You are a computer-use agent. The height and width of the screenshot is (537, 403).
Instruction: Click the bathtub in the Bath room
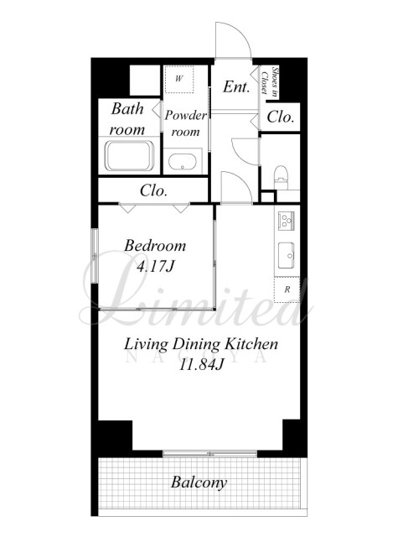pyautogui.click(x=130, y=155)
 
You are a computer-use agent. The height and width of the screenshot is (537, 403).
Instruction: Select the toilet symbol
pyautogui.click(x=282, y=177)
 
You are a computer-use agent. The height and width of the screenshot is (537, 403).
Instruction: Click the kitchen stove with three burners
pyautogui.click(x=287, y=221)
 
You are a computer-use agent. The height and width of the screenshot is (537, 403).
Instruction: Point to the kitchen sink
pyautogui.click(x=287, y=255)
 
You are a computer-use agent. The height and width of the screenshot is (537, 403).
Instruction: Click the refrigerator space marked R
pyautogui.click(x=287, y=289)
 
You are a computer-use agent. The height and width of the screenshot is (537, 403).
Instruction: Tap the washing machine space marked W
pyautogui.click(x=179, y=79)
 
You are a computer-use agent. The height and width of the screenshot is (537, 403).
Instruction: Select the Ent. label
pyautogui.click(x=236, y=86)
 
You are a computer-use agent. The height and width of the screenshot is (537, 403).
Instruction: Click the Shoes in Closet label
pyautogui.click(x=269, y=81)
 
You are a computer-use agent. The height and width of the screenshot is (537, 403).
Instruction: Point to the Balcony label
pyautogui.click(x=199, y=482)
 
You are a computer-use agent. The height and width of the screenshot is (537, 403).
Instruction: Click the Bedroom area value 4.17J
pyautogui.click(x=156, y=267)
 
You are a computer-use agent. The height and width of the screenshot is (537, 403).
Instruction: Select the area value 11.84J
pyautogui.click(x=201, y=365)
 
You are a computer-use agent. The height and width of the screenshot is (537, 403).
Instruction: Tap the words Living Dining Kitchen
pyautogui.click(x=201, y=344)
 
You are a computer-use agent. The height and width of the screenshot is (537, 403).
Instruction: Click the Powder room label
pyautogui.click(x=185, y=123)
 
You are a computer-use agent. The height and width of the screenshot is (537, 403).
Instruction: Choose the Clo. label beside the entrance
pyautogui.click(x=280, y=117)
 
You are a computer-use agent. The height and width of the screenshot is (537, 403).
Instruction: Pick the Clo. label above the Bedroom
pyautogui.click(x=153, y=190)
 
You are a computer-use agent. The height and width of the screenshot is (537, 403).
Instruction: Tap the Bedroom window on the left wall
pyautogui.click(x=95, y=255)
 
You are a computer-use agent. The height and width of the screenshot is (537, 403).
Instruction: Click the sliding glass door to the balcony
pyautogui.click(x=209, y=454)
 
